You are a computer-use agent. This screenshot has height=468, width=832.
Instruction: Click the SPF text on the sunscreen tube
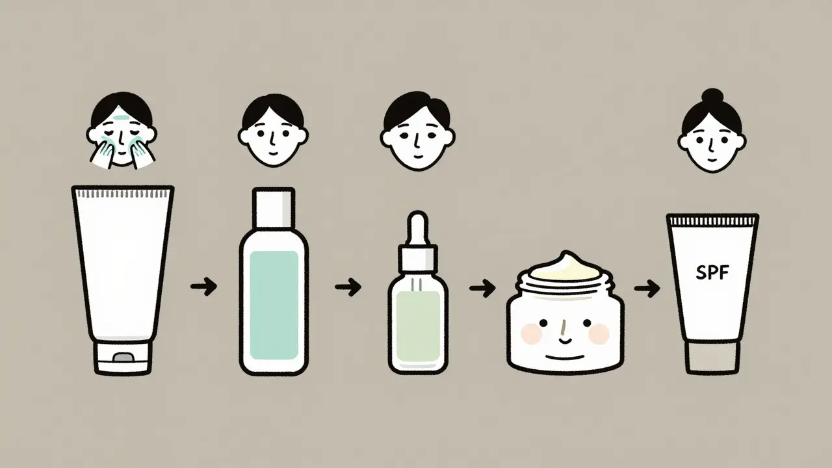(x=712, y=274)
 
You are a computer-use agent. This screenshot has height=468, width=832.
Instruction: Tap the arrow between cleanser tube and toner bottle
(x=203, y=286)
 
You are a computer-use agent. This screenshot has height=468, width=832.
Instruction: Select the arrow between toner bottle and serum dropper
(x=348, y=287)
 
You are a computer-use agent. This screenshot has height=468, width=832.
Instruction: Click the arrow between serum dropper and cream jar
(x=482, y=288)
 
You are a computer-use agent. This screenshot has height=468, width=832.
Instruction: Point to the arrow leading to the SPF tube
(x=647, y=288)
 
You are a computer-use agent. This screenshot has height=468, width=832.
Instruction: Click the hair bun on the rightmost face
(x=712, y=96)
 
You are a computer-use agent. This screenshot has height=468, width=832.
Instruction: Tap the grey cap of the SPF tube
(x=712, y=357)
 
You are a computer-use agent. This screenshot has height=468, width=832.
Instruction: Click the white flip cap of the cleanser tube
(x=123, y=357)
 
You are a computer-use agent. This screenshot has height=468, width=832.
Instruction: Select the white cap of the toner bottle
(x=274, y=208)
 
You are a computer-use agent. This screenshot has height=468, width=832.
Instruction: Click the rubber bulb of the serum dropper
(x=418, y=227)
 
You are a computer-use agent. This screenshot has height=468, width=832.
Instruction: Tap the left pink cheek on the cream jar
(x=532, y=333)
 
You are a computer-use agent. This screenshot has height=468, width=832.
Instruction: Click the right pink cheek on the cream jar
(x=599, y=333)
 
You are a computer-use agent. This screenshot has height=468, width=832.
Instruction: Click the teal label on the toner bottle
(x=274, y=305)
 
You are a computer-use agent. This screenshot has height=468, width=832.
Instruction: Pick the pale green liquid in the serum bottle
(x=418, y=327)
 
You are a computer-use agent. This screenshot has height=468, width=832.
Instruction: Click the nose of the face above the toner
(x=272, y=139)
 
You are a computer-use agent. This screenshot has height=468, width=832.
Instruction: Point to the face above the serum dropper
(x=418, y=131)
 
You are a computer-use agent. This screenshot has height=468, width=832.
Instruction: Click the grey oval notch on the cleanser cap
(x=123, y=357)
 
